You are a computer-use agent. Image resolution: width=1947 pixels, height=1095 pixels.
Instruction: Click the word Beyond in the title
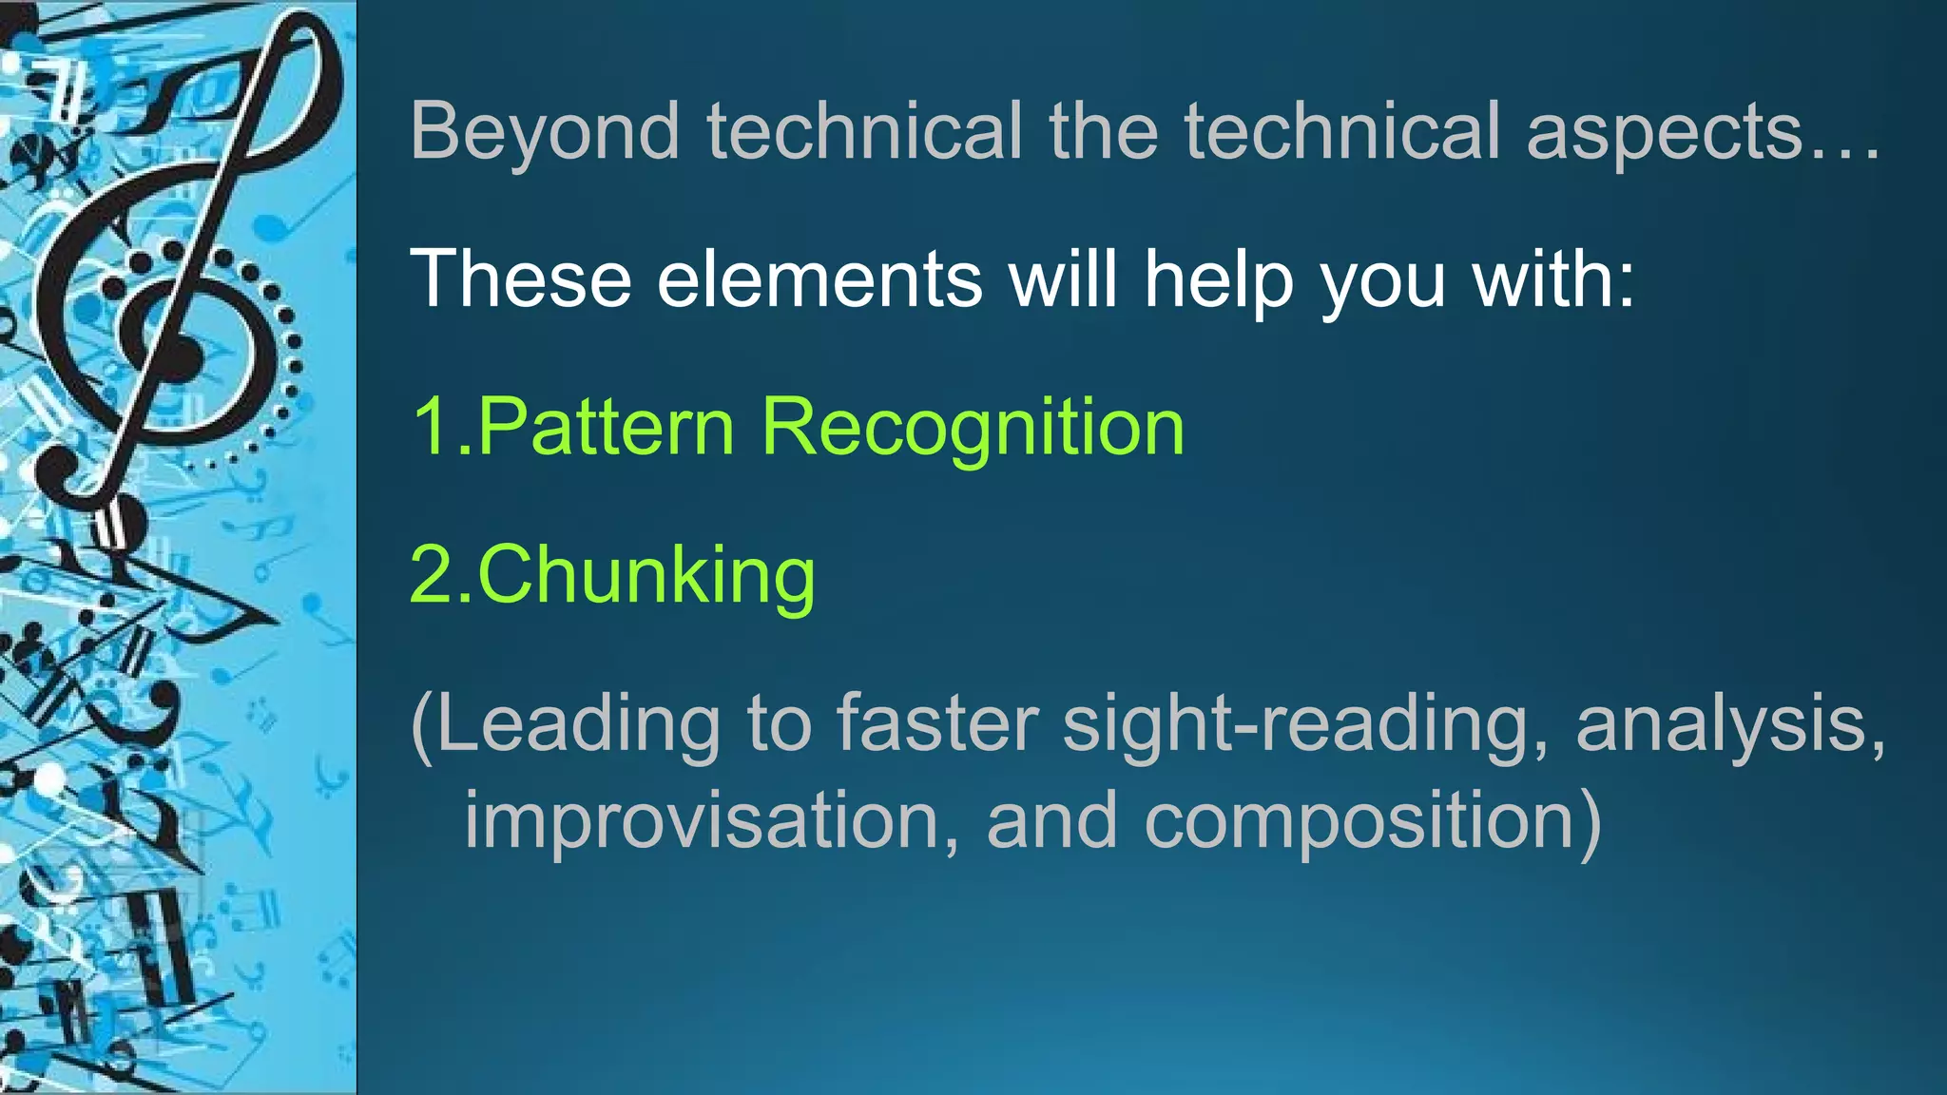pos(545,133)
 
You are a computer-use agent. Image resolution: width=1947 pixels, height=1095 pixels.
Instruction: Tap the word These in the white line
pos(521,279)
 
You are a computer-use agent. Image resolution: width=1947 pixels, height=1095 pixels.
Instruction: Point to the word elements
pos(819,279)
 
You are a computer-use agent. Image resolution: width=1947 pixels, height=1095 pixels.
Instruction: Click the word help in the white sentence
pos(1219,281)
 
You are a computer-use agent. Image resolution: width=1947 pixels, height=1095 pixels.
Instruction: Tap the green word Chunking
pos(646,577)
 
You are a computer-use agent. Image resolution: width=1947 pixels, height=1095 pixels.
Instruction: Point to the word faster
pos(937,724)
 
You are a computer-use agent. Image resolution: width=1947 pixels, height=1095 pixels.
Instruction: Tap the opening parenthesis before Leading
pos(421,726)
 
